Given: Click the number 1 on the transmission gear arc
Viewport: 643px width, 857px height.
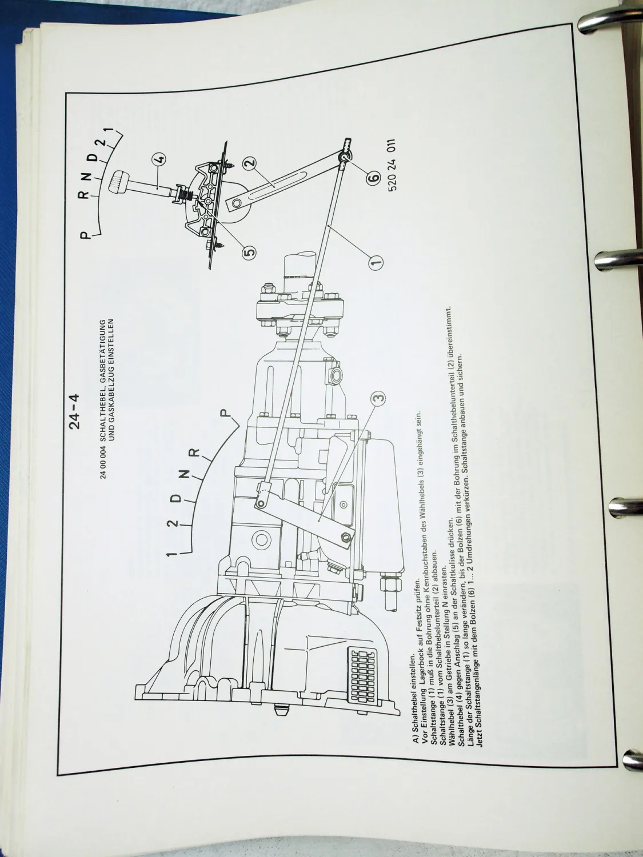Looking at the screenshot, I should tap(170, 554).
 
